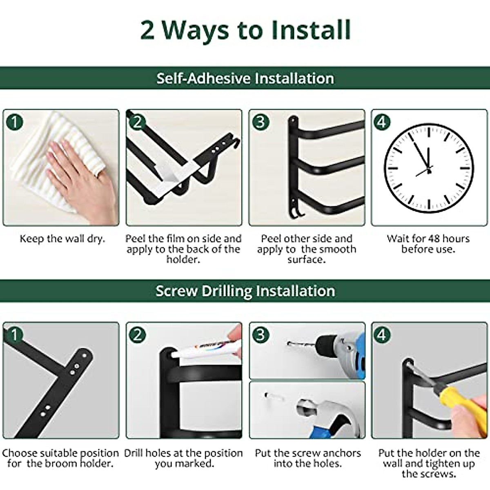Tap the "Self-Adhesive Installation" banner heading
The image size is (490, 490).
[x=245, y=78]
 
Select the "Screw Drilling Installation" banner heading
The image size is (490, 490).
[x=245, y=291]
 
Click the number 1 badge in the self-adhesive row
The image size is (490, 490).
[x=14, y=122]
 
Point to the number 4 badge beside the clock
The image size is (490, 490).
[x=382, y=122]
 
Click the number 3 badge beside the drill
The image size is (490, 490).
[x=261, y=335]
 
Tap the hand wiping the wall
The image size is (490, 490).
[x=81, y=178]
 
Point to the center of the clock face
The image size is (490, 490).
[x=429, y=169]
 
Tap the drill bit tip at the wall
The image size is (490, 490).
[x=289, y=343]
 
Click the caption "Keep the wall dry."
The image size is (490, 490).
[x=62, y=239]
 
